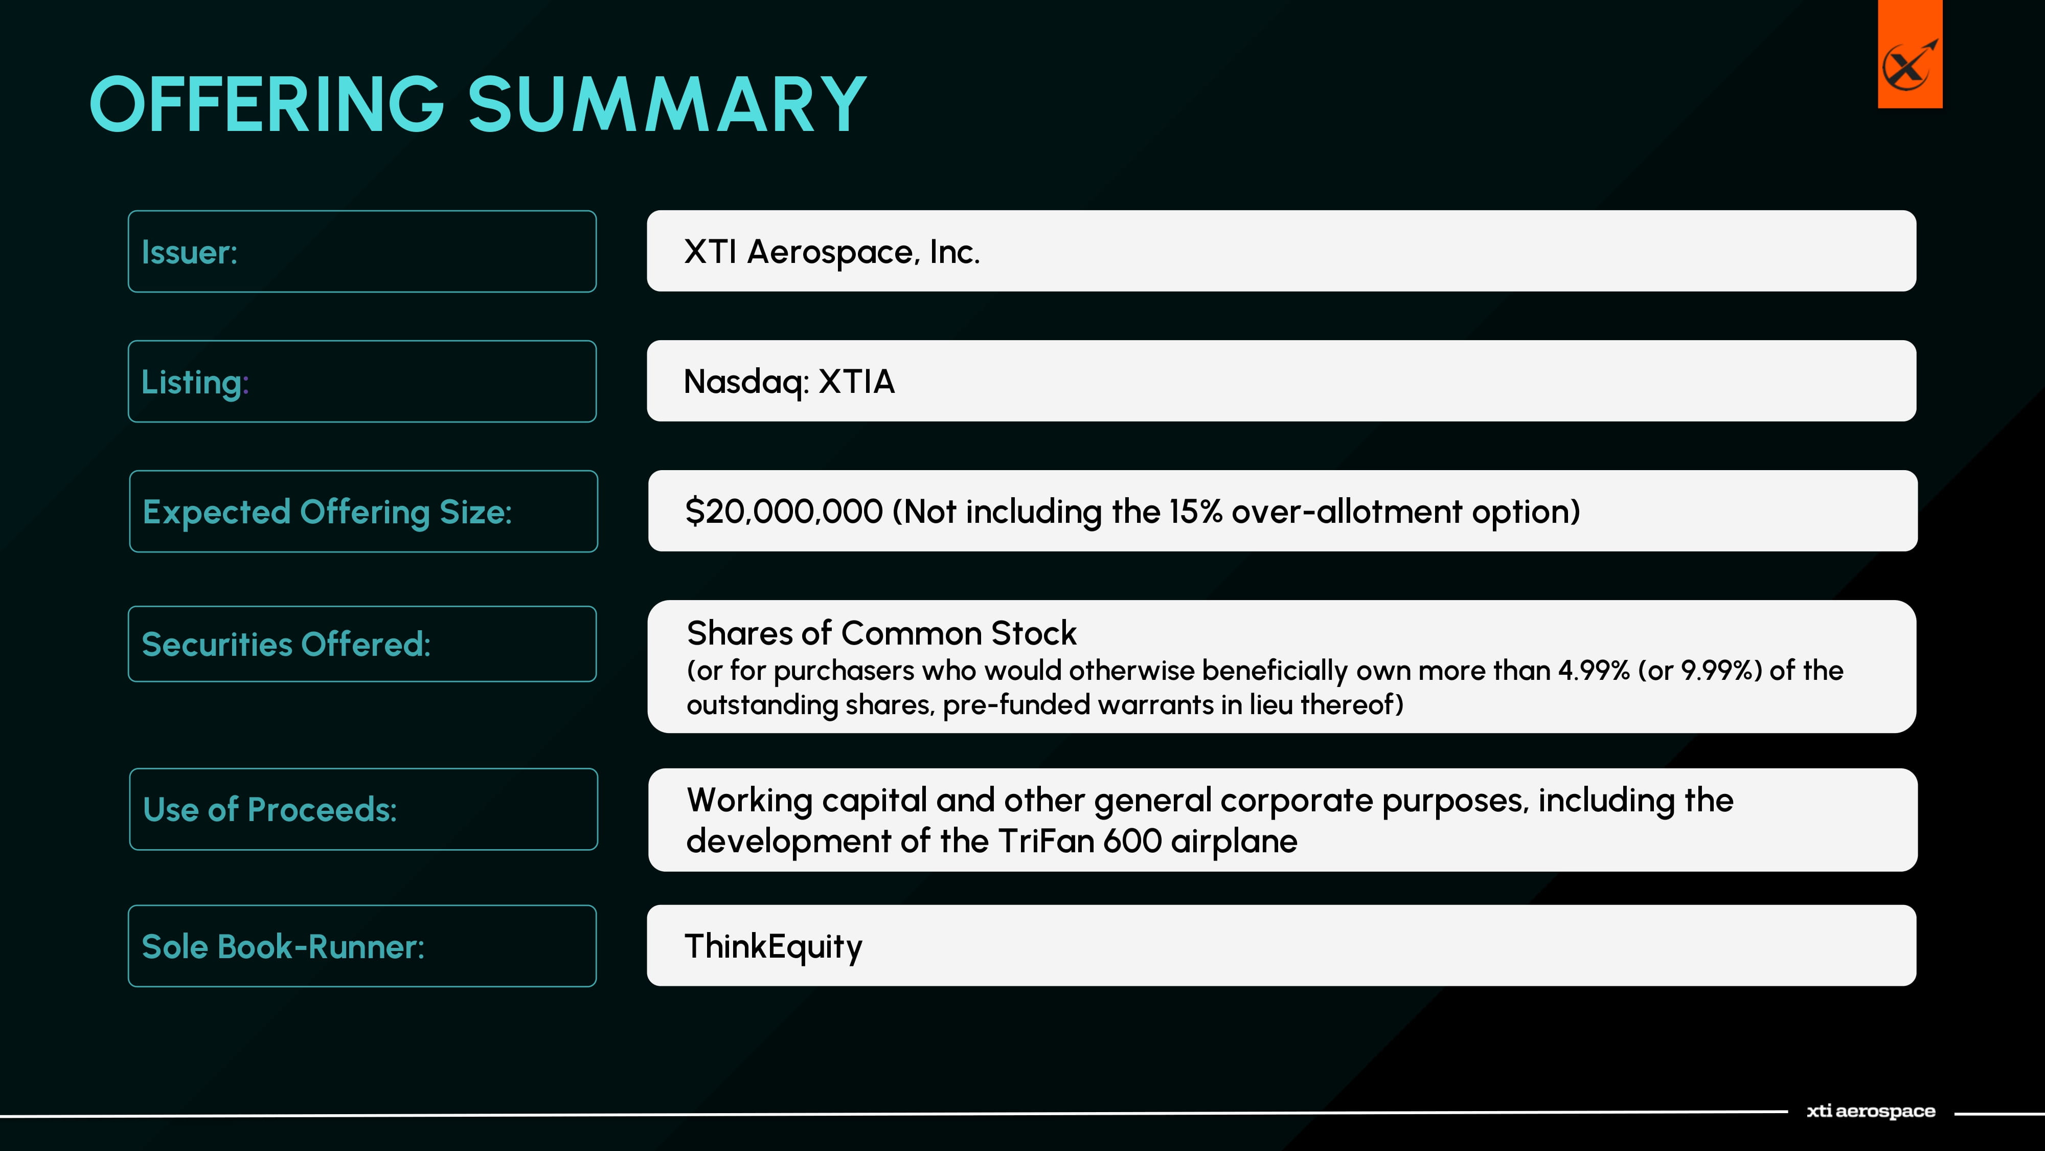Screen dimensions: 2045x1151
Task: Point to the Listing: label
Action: coord(194,382)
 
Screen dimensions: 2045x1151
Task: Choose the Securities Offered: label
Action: coord(286,644)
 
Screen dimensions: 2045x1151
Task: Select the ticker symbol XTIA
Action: coord(856,381)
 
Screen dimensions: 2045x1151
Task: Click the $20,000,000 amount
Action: coord(784,512)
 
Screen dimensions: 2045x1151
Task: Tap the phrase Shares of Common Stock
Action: coord(881,633)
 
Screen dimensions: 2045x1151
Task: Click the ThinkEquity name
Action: coord(773,947)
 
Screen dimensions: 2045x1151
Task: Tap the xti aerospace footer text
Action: coord(1870,1111)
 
